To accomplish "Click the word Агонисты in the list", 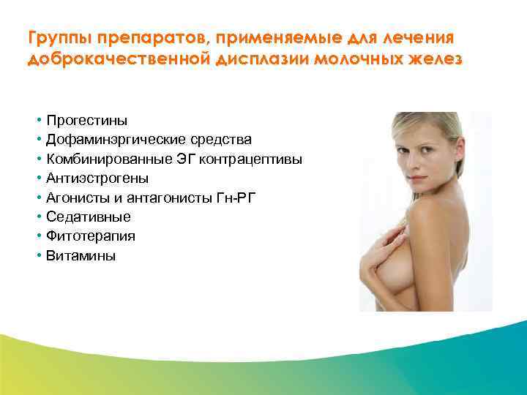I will pos(75,197).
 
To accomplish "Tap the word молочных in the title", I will pos(351,59).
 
